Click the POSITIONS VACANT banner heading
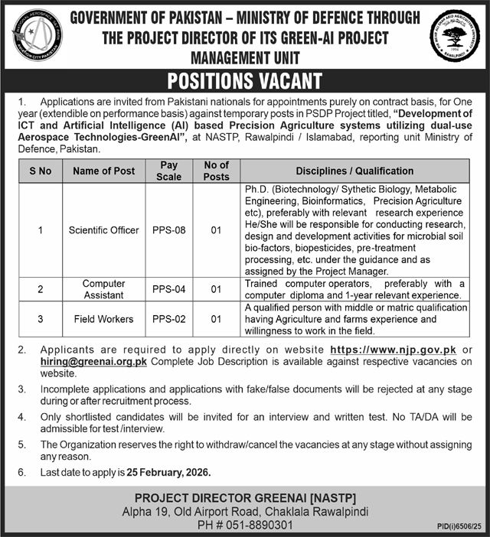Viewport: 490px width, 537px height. [245, 81]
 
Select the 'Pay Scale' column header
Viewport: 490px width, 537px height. [168, 171]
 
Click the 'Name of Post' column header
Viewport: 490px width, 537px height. [103, 171]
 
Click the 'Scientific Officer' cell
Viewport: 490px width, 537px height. [103, 229]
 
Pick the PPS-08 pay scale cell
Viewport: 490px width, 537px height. [168, 229]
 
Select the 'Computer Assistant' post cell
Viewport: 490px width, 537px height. [103, 289]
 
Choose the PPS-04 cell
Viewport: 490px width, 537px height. [168, 289]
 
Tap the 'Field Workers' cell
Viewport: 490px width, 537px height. [103, 319]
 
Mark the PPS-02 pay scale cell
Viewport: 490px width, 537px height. [168, 319]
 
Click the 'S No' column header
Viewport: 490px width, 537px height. [40, 171]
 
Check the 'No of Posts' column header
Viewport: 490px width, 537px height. [217, 171]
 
